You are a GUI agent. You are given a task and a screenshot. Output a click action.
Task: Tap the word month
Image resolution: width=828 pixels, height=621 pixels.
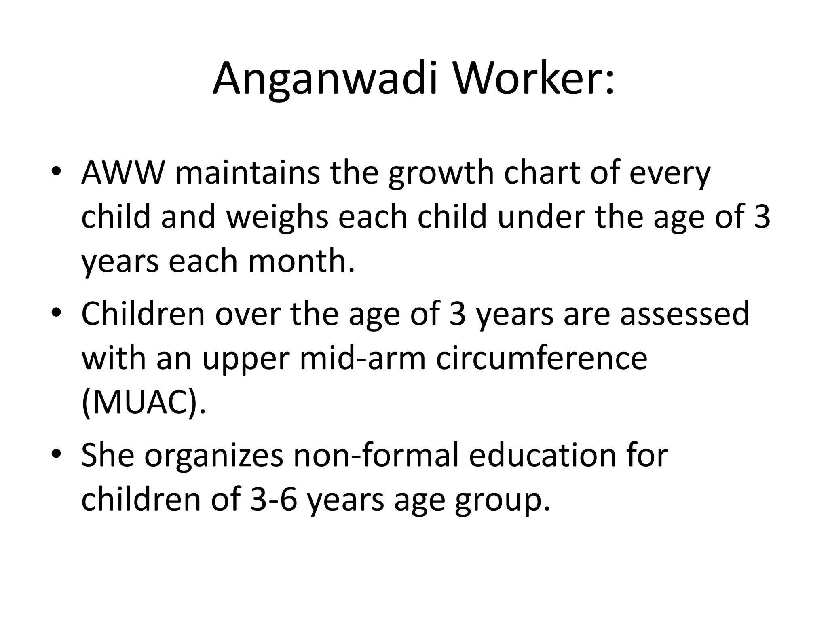click(x=301, y=261)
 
